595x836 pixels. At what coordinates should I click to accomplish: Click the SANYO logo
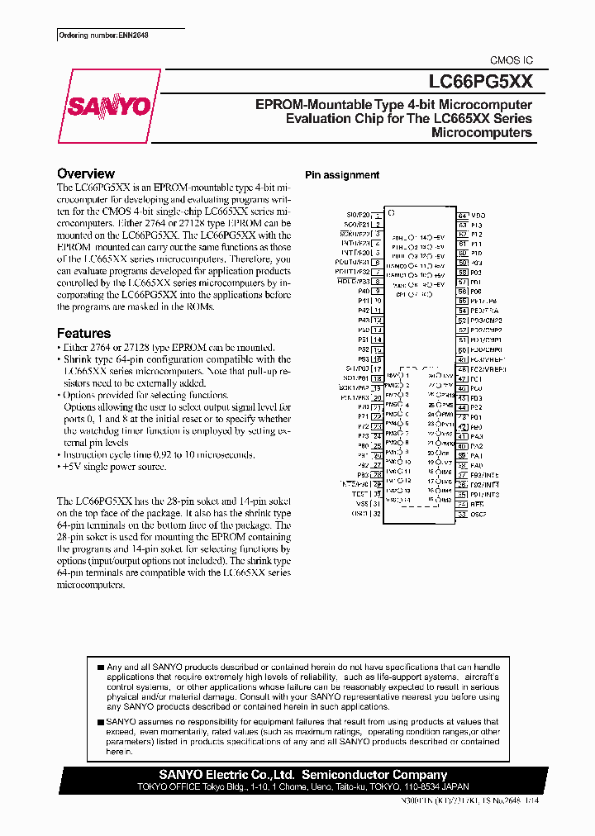tap(108, 107)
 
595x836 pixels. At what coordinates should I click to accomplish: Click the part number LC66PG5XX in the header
tap(480, 81)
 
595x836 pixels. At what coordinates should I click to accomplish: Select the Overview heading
tap(86, 173)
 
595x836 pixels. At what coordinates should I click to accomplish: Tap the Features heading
tap(83, 333)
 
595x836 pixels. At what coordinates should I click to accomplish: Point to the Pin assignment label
tap(342, 175)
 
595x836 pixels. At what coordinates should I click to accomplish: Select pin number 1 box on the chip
tap(377, 215)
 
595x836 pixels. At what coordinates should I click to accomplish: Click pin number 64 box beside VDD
tap(463, 215)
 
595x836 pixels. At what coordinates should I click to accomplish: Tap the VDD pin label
tap(478, 215)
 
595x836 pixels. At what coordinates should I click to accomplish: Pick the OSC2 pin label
tap(479, 514)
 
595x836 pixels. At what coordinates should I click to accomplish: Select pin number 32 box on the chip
tap(377, 514)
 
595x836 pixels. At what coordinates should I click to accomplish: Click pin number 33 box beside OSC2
tap(463, 514)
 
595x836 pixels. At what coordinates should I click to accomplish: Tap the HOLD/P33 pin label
tap(353, 280)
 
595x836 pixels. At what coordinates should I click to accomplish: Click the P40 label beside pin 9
tap(364, 291)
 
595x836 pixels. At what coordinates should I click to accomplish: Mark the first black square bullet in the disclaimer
tap(100, 667)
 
